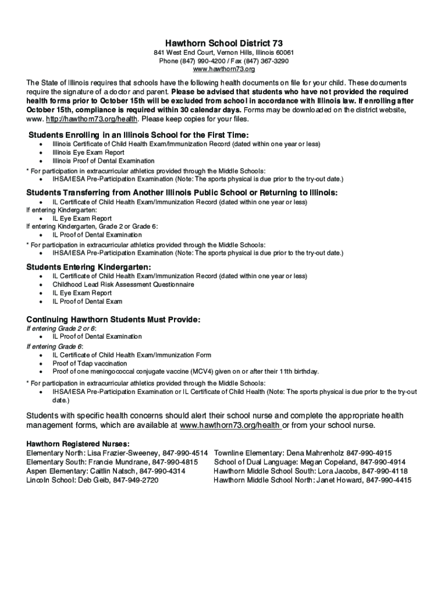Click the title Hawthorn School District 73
pyautogui.click(x=224, y=43)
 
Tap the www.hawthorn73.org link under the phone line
pyautogui.click(x=224, y=69)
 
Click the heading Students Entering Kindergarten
pyautogui.click(x=88, y=267)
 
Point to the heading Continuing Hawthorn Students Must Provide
pyautogui.click(x=113, y=320)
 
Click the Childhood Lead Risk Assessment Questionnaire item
pyautogui.click(x=123, y=285)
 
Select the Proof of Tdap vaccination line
pyautogui.click(x=90, y=363)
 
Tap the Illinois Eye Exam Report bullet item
pyautogui.click(x=88, y=152)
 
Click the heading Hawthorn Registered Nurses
pyautogui.click(x=78, y=444)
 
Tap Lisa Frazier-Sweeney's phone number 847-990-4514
pyautogui.click(x=183, y=453)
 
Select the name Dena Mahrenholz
pyautogui.click(x=315, y=453)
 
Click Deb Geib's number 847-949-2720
pyautogui.click(x=136, y=480)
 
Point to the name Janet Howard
pyautogui.click(x=338, y=480)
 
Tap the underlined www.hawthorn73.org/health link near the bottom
pyautogui.click(x=230, y=425)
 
